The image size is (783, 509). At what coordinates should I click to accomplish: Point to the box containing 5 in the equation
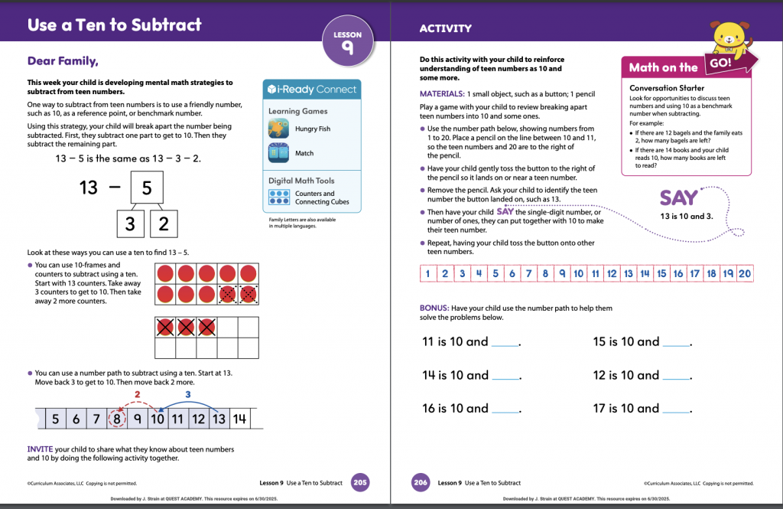click(x=148, y=187)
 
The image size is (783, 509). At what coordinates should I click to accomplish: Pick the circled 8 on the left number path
click(x=116, y=419)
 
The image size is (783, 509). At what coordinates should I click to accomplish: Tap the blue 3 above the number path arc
click(x=188, y=393)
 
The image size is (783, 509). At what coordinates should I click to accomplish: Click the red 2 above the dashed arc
click(x=138, y=393)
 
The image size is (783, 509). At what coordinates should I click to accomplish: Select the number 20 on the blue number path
click(x=745, y=273)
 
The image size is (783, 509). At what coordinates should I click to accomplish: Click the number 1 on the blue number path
click(x=428, y=273)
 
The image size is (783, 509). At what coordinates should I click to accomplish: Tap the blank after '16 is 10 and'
click(x=505, y=410)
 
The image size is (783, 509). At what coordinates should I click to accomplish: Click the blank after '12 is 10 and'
click(x=676, y=377)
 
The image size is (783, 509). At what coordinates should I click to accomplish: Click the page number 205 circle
click(x=360, y=482)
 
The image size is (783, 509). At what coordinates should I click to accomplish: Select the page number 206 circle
click(x=420, y=482)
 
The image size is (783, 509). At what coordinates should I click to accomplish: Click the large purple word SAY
click(x=678, y=198)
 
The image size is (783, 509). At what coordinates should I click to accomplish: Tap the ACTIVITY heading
click(x=446, y=28)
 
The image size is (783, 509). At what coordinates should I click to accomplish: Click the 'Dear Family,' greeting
click(x=63, y=61)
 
